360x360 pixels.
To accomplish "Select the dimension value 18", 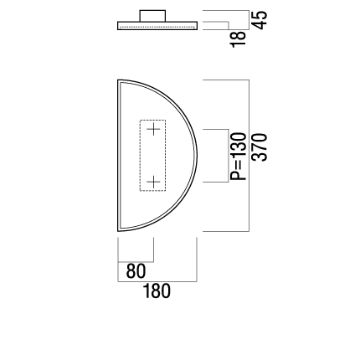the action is [239, 39].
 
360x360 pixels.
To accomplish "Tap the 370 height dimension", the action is [260, 147].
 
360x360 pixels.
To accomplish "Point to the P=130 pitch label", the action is [238, 157].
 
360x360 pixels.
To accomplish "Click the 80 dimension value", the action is [136, 271].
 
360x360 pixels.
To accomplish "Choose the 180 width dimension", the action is [157, 291].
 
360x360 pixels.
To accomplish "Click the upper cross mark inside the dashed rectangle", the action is [153, 129].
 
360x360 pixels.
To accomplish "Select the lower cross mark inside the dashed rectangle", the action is [153, 183].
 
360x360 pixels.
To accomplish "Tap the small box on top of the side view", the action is [152, 16].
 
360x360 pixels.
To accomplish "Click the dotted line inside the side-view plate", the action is [157, 27].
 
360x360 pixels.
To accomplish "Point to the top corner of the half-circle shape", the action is [118, 80].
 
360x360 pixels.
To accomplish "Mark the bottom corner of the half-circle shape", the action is [118, 231].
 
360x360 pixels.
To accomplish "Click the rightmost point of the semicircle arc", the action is [197, 156].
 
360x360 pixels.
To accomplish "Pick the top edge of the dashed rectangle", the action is [152, 121].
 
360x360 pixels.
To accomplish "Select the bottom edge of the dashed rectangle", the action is [152, 191].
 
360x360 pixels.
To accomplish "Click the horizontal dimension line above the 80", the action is [136, 262].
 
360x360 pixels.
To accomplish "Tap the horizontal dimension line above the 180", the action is [157, 281].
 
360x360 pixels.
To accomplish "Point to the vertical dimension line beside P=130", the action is [229, 156].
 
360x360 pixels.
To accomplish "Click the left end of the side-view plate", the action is [117, 26].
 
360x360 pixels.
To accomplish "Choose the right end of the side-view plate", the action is [197, 26].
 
